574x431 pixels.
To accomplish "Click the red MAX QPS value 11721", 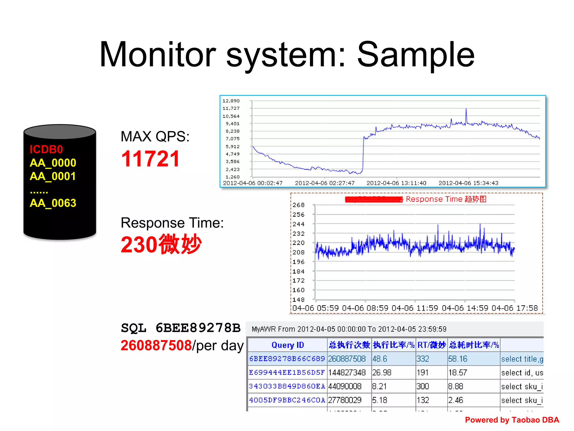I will (x=151, y=159).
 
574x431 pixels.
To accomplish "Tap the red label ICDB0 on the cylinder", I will (x=46, y=150).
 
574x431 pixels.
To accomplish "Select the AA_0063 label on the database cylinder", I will (x=53, y=203).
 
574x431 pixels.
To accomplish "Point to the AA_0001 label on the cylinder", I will (x=53, y=176).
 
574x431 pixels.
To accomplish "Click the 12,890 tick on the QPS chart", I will (x=231, y=101).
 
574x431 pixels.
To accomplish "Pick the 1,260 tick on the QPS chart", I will (x=233, y=177).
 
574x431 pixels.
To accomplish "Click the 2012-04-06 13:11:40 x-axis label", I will (x=396, y=183).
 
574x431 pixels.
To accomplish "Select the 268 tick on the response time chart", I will (x=298, y=205).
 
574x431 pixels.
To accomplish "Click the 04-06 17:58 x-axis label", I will (x=515, y=308).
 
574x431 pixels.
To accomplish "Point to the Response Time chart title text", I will (x=446, y=199).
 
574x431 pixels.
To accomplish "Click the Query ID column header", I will (x=288, y=345).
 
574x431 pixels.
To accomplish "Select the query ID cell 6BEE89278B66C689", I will (x=287, y=359).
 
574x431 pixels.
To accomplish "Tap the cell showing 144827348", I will (x=347, y=373).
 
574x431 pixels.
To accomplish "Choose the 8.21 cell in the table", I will (x=379, y=386).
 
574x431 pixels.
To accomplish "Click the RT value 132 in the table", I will (x=423, y=400).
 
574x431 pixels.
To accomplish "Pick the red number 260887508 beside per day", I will (x=156, y=345).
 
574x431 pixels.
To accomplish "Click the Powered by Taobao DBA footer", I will (x=512, y=420).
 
